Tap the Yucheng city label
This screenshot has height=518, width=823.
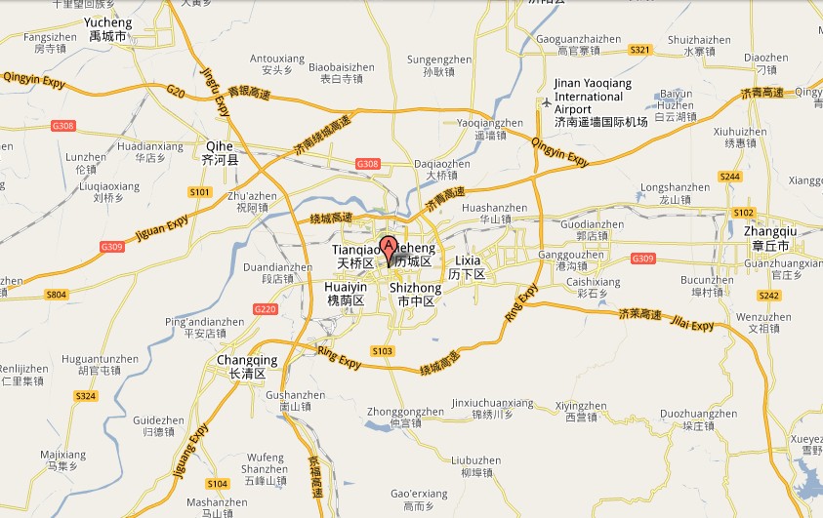click(107, 28)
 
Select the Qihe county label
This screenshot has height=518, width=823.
click(219, 149)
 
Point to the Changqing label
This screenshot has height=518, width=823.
click(246, 366)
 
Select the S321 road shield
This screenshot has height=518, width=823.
click(640, 49)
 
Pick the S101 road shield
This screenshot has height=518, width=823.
click(200, 192)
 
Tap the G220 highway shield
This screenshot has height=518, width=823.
click(265, 309)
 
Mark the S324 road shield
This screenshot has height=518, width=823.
click(86, 395)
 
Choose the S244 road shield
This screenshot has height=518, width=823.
click(728, 177)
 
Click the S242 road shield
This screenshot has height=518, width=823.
click(769, 296)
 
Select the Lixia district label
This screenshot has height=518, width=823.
click(467, 267)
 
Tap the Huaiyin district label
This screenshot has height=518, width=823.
click(345, 294)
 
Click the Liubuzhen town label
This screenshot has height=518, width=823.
click(476, 465)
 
